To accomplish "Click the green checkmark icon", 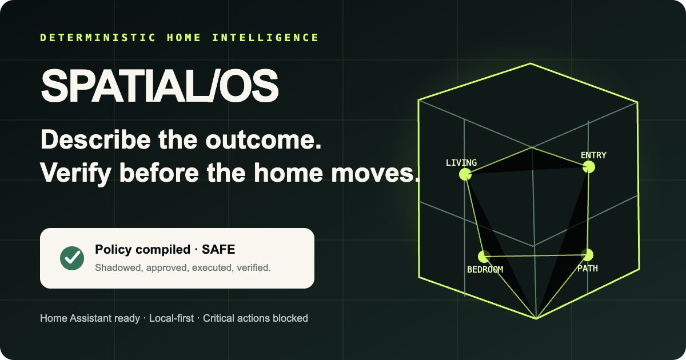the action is [72, 258].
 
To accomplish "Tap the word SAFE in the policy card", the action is [218, 250].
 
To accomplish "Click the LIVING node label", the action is [461, 162].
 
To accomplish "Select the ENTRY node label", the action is [593, 155].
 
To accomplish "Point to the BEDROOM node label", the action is [485, 269].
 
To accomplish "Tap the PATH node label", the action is [588, 269].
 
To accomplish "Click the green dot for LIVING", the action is [465, 174].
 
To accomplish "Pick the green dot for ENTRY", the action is [589, 167].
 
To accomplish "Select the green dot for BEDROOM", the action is [484, 257].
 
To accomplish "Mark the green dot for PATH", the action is [587, 255].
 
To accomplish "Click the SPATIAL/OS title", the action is [159, 85].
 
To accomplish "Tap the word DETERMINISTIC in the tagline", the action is [98, 38].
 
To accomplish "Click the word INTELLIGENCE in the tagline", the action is [265, 38].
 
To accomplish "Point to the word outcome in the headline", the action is [264, 140].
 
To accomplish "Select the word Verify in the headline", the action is [75, 173].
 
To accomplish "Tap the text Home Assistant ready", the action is [90, 318].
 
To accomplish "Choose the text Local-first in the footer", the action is [171, 318].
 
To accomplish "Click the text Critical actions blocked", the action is [256, 318].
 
